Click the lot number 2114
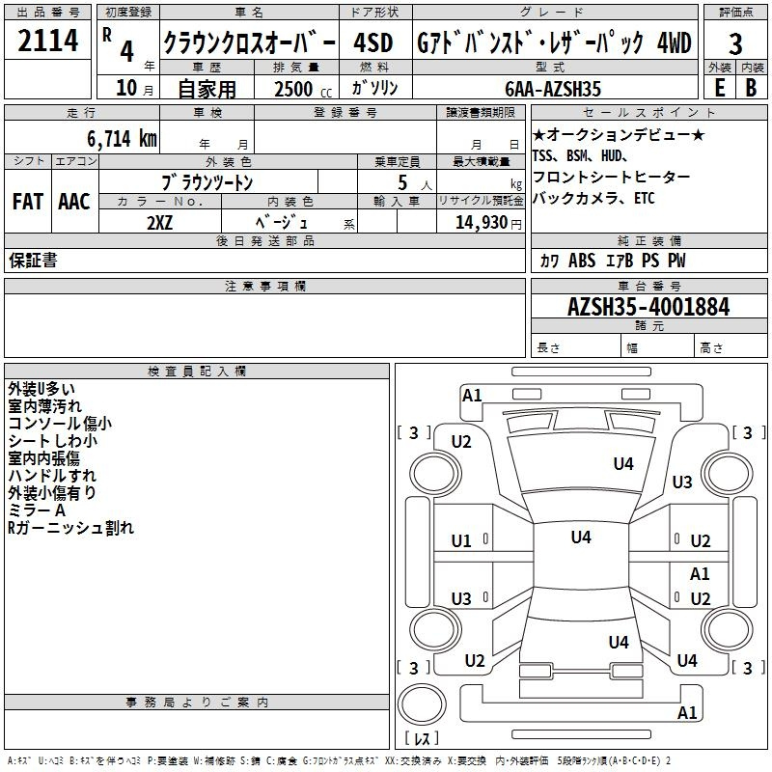pos(47,41)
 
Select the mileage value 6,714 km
pos(123,139)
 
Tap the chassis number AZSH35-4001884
pos(648,307)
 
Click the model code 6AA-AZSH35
pos(553,89)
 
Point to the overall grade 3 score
pos(735,44)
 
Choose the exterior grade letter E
pos(719,88)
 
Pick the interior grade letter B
pos(751,88)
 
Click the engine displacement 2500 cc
pos(303,89)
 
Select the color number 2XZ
pos(160,223)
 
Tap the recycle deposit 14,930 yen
pos(488,223)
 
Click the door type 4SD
pos(373,42)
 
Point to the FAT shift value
pos(28,202)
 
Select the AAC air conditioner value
pos(74,202)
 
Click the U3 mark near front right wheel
pos(682,482)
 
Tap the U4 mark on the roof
pos(581,538)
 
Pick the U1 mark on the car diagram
pos(461,541)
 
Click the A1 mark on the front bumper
pos(472,396)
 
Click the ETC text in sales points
pos(645,198)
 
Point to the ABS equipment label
pos(582,261)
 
